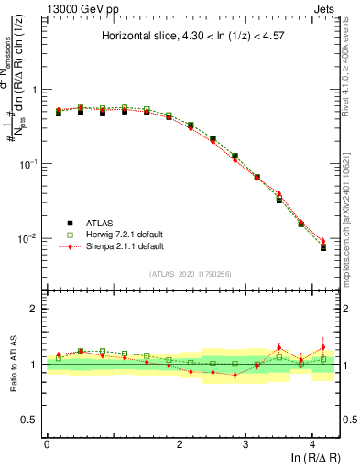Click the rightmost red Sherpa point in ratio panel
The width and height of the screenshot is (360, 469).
(x=322, y=346)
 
